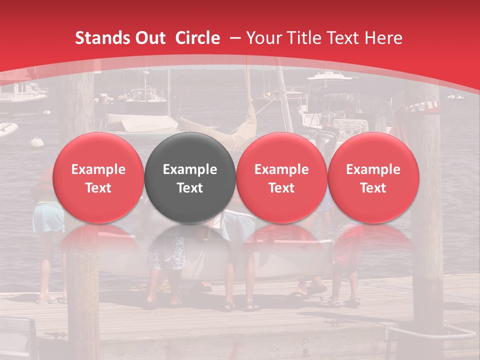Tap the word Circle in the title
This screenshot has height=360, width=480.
coord(197,38)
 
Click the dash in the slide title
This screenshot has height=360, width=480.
coord(234,38)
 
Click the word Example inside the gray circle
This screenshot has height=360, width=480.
coord(190,169)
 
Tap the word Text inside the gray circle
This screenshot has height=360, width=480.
coord(190,188)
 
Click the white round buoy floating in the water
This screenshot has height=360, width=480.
coord(37,142)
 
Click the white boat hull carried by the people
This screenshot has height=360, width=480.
coord(280,260)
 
